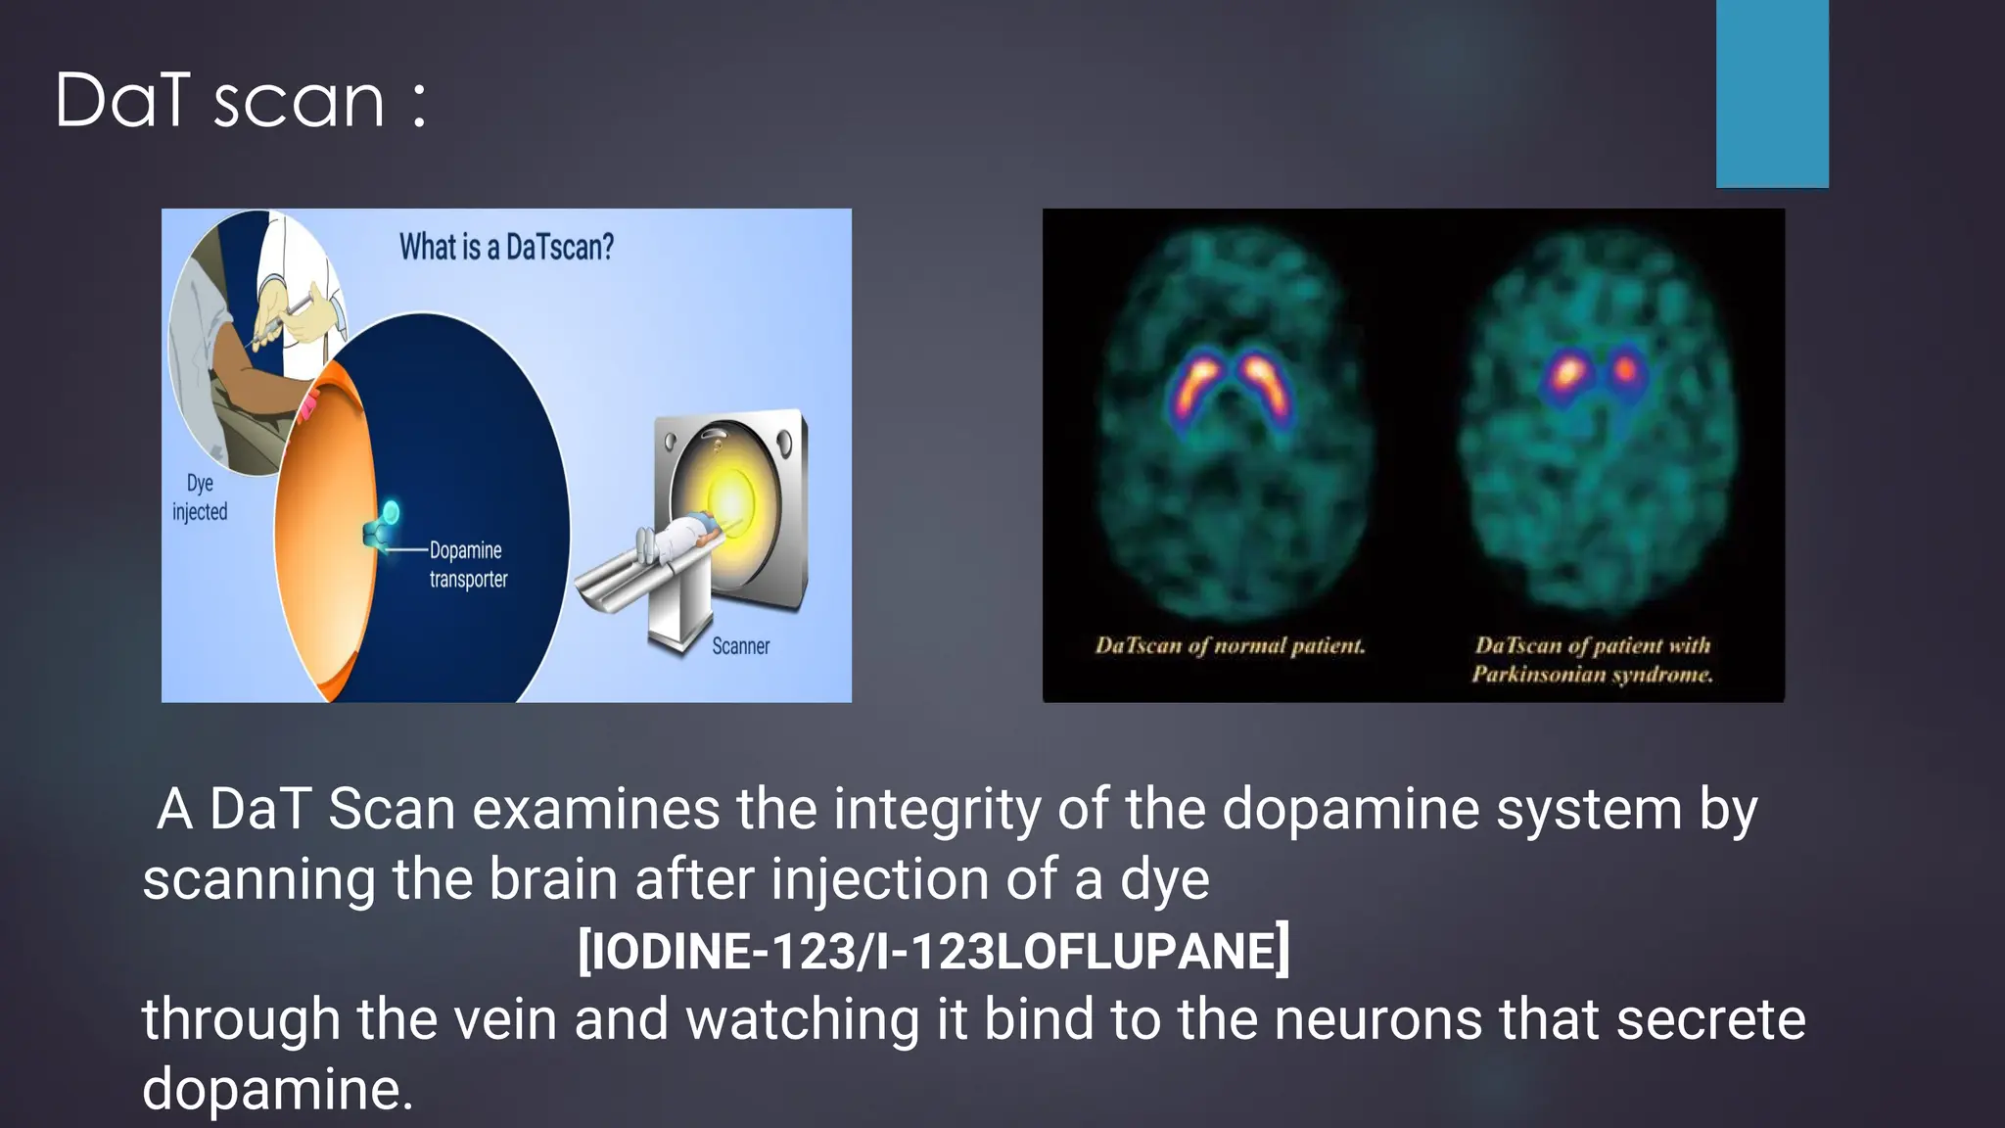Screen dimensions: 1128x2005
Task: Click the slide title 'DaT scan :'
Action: (241, 101)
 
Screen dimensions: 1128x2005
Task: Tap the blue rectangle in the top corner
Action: (1772, 93)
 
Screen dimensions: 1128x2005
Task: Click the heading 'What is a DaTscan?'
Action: (506, 247)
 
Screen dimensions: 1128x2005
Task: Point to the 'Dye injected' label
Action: (200, 497)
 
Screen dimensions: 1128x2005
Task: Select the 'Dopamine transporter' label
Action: (468, 565)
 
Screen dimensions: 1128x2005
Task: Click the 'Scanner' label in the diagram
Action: (740, 646)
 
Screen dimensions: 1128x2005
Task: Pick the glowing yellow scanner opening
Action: (729, 499)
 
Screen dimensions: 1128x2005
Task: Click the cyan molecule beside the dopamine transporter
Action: (390, 512)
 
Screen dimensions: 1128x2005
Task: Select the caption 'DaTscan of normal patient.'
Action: (1230, 646)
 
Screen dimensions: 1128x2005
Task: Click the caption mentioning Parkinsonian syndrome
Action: (1593, 660)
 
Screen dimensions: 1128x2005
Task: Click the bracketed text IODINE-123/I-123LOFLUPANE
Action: (934, 950)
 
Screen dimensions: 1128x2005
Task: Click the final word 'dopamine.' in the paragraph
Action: (278, 1089)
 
